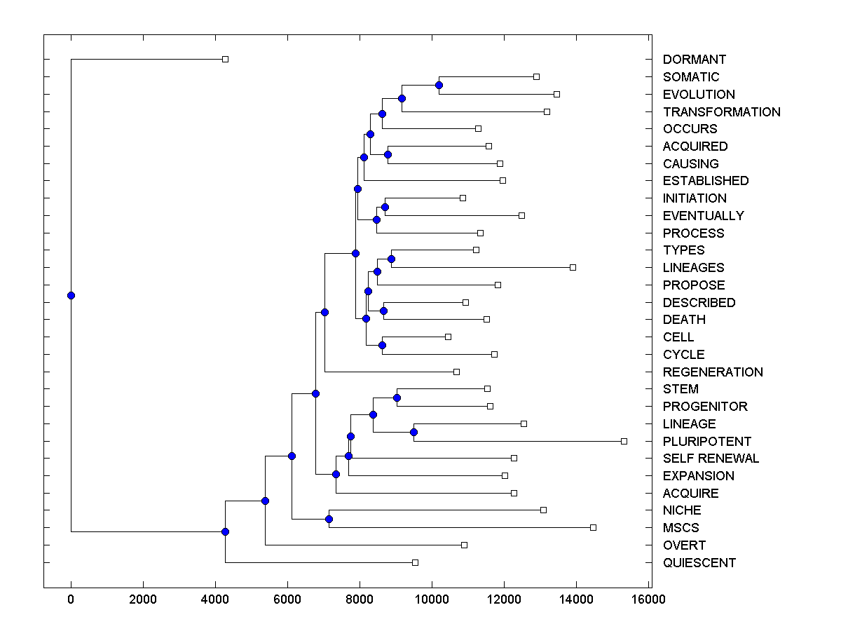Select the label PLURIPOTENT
click(x=706, y=441)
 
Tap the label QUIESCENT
click(x=699, y=562)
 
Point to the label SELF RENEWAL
click(x=711, y=459)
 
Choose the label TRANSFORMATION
click(x=721, y=111)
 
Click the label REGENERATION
click(x=712, y=372)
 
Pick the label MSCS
click(x=681, y=528)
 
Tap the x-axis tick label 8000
click(x=360, y=599)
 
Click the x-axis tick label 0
click(x=71, y=599)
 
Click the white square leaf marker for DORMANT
click(x=225, y=59)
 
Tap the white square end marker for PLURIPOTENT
click(x=624, y=441)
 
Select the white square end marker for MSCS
click(x=593, y=527)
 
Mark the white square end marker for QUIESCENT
click(x=415, y=562)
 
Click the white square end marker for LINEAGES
click(x=573, y=267)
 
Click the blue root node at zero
click(x=71, y=295)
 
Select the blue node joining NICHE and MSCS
click(x=329, y=519)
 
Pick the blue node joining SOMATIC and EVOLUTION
click(x=439, y=85)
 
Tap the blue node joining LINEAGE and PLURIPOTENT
click(x=413, y=432)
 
